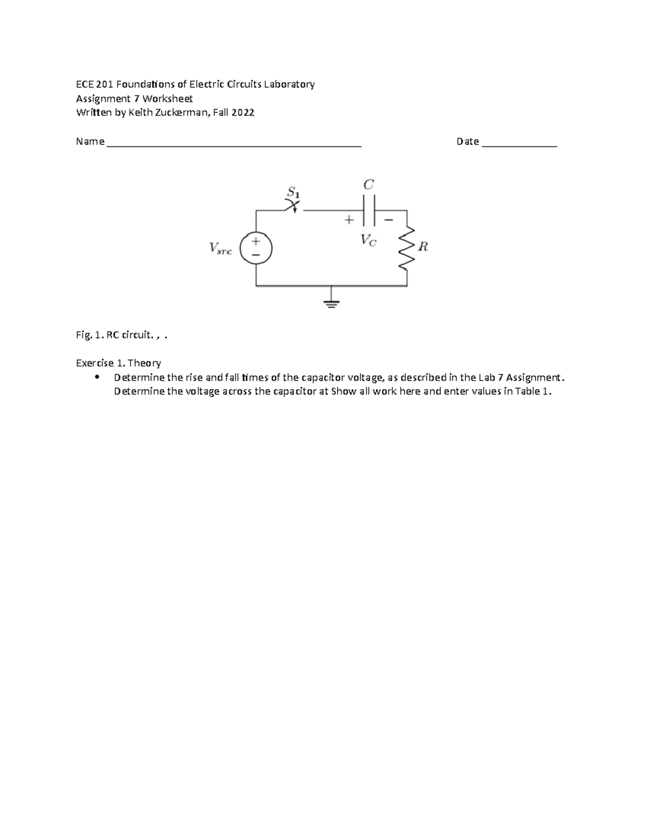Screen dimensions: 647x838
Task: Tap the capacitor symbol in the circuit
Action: coord(369,210)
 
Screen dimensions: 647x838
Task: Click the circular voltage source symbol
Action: coord(256,248)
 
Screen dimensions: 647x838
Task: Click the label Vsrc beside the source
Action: coord(220,248)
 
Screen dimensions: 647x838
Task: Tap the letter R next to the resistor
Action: coord(423,247)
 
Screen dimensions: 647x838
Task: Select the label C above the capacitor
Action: coord(369,185)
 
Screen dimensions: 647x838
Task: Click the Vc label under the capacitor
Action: coord(369,240)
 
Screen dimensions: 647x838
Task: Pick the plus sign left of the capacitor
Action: coord(349,220)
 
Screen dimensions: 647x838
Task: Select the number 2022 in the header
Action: coord(243,113)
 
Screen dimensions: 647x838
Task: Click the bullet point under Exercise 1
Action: coord(97,377)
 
